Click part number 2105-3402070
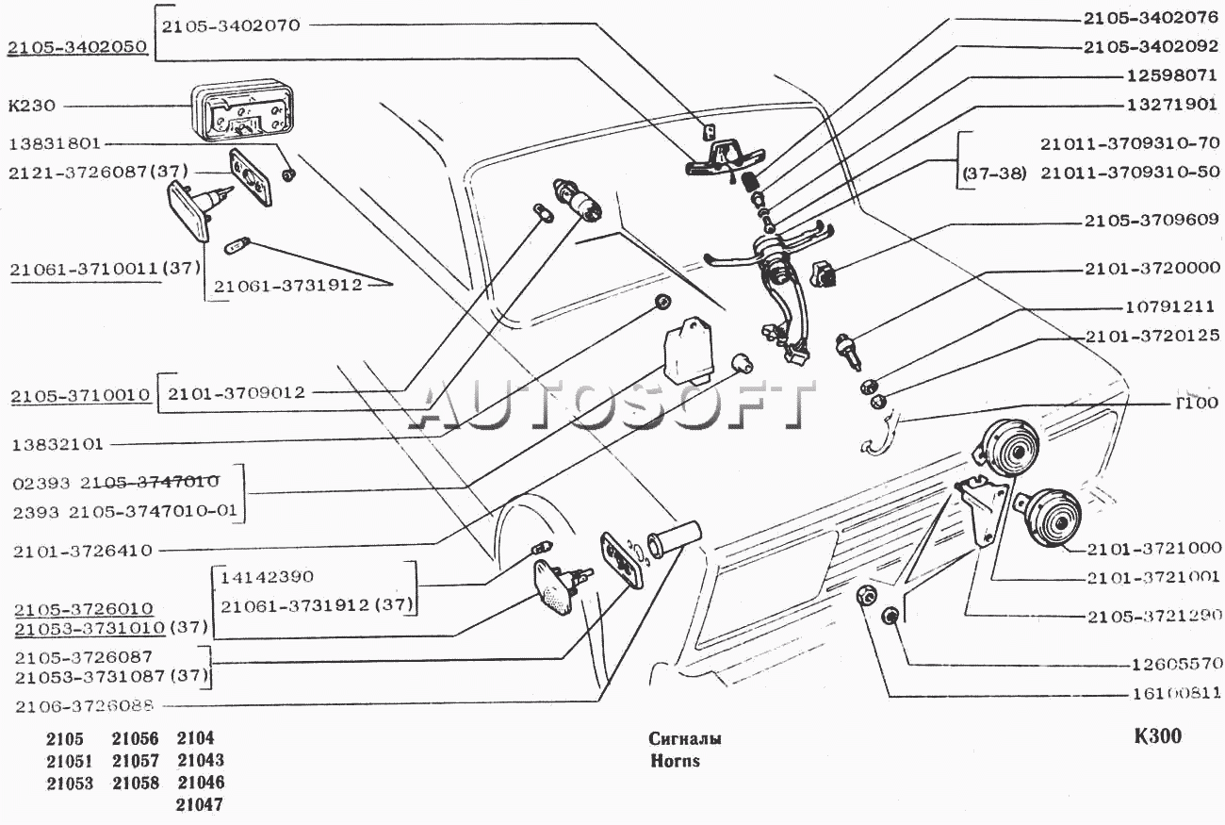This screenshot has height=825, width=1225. click(x=230, y=25)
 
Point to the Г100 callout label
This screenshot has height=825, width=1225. click(x=1196, y=403)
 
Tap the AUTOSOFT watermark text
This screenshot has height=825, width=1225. click(x=612, y=405)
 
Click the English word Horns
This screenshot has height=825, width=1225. click(x=675, y=761)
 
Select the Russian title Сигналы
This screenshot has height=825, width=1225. click(x=686, y=738)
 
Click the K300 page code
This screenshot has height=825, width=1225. click(x=1157, y=736)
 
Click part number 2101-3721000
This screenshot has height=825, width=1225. click(x=1154, y=548)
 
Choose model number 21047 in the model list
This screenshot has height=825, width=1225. click(x=200, y=804)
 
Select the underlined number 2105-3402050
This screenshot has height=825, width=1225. click(x=77, y=46)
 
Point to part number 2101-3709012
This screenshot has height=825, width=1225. click(x=237, y=392)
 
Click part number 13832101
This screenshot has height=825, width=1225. click(x=58, y=443)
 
